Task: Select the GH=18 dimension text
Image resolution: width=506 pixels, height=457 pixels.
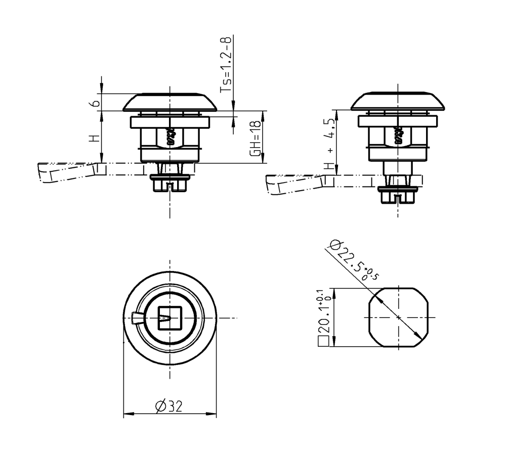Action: coord(257,138)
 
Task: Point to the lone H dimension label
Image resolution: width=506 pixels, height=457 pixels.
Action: coord(93,139)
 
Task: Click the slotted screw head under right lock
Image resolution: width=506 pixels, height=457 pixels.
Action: coord(398,195)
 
